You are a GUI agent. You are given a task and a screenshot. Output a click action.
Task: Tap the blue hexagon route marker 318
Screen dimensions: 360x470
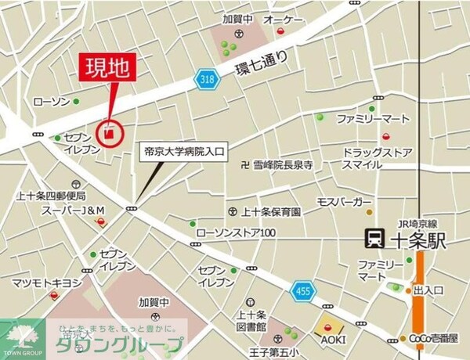click(206, 81)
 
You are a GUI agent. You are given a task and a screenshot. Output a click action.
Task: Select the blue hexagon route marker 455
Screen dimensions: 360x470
click(302, 293)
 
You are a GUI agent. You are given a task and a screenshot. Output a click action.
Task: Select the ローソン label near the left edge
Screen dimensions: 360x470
click(52, 103)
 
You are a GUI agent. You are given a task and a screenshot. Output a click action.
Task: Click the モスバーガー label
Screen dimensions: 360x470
click(343, 203)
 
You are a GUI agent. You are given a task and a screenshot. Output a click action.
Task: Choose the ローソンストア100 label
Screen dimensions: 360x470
click(235, 232)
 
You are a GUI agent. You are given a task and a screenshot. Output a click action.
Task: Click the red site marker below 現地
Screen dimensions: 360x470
click(110, 132)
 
